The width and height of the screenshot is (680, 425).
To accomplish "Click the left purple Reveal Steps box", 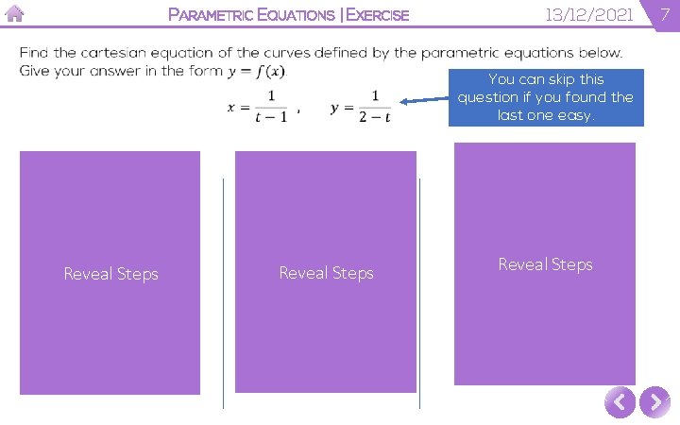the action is coord(110,273).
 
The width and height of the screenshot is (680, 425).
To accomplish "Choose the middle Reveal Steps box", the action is coord(326,272).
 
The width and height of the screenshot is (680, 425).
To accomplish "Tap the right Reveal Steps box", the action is coord(545,263).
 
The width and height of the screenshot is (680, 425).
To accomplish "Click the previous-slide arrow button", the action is coord(619,403).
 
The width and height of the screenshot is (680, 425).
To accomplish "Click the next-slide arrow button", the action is coord(654,403).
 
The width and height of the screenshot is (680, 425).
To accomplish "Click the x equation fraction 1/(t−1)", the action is coord(270,107).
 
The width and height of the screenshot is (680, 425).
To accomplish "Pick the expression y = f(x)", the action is coord(258,72).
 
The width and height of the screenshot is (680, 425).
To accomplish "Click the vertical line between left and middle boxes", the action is coord(224,293).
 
